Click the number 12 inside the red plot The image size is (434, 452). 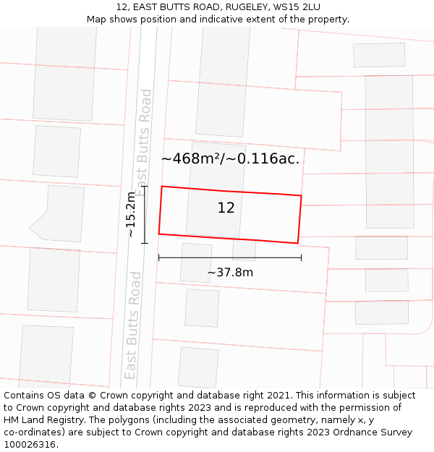(226, 208)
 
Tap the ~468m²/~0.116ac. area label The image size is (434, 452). (230, 158)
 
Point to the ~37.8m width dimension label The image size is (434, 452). (230, 273)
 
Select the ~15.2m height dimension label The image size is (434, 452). (130, 214)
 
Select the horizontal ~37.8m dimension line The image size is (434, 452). (230, 257)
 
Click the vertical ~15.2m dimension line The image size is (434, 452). (145, 214)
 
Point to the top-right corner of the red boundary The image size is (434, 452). (302, 195)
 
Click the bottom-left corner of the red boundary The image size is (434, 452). (159, 234)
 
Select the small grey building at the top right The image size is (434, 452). (379, 55)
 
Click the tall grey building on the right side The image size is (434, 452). (389, 152)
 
